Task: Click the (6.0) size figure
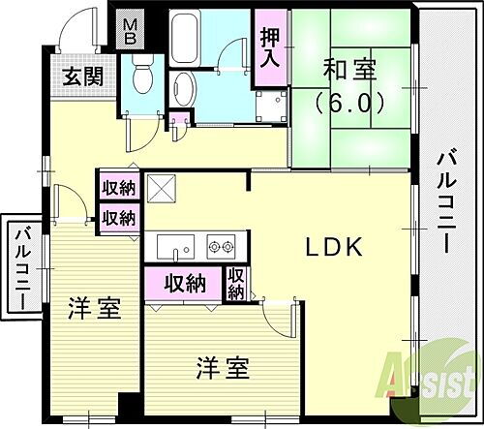[349, 101]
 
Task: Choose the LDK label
[334, 249]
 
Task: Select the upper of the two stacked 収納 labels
[119, 188]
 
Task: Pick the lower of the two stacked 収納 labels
[119, 216]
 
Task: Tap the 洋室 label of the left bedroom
[93, 311]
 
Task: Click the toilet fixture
[141, 74]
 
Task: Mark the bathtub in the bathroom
[187, 39]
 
